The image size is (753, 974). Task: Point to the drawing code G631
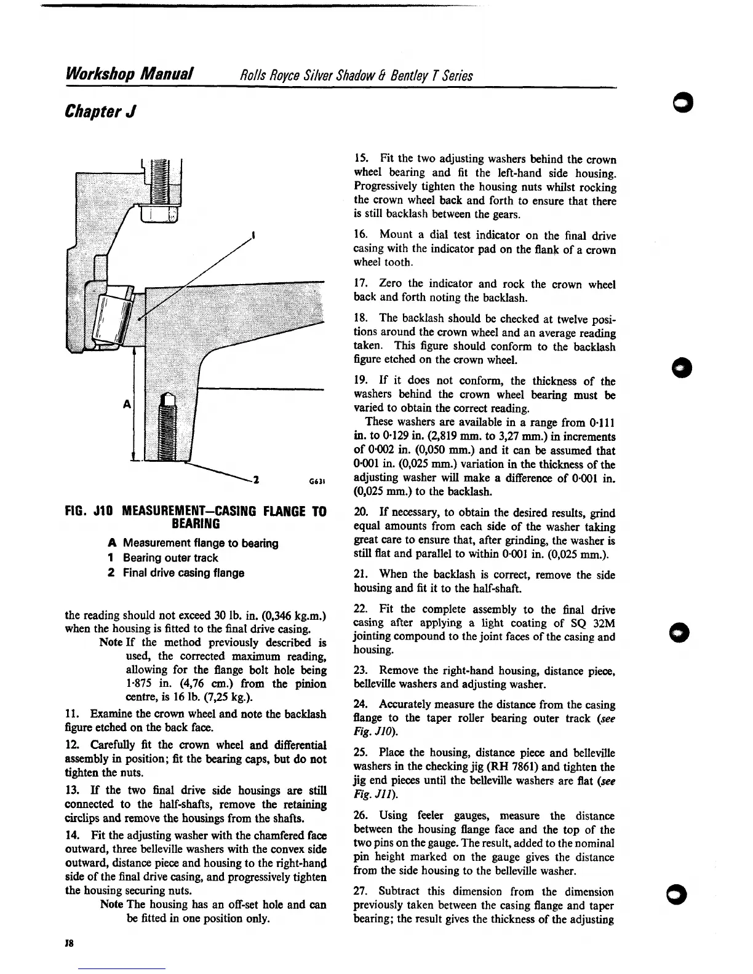309,481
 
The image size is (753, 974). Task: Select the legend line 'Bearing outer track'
170,558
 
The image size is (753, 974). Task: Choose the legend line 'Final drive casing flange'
183,572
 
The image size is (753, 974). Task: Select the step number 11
71,714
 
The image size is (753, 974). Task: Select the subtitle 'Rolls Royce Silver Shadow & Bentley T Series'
356,76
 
